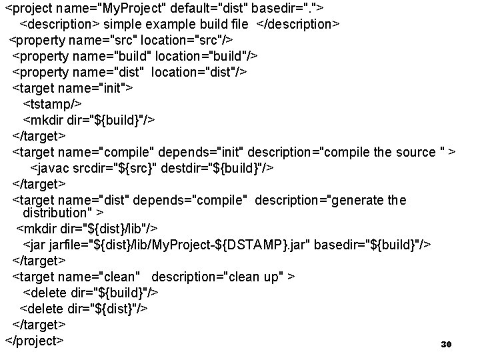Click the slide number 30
click(x=447, y=345)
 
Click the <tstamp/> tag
click(x=53, y=104)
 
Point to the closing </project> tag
click(x=34, y=341)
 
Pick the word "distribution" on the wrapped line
click(x=57, y=213)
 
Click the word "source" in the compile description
click(x=415, y=152)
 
